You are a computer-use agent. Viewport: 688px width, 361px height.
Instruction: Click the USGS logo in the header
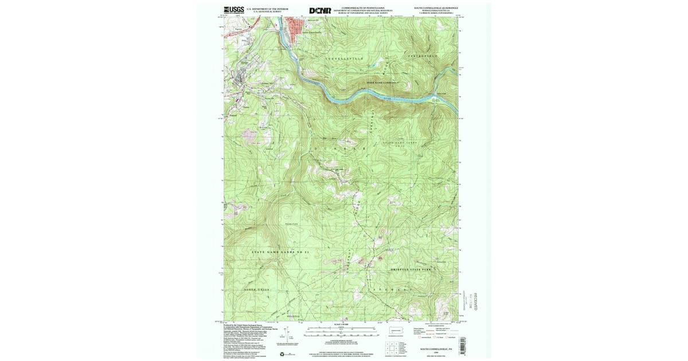pyautogui.click(x=233, y=10)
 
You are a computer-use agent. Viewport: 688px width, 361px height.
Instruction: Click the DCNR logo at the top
pyautogui.click(x=320, y=10)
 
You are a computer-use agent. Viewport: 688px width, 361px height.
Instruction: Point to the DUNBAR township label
pyautogui.click(x=339, y=148)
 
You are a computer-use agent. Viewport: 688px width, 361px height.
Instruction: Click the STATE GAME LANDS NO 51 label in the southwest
pyautogui.click(x=280, y=252)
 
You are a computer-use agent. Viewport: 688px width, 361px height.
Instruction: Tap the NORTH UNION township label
pyautogui.click(x=257, y=290)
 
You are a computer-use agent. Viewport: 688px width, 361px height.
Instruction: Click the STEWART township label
pyautogui.click(x=396, y=291)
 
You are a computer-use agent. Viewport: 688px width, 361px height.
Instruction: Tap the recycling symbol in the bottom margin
pyautogui.click(x=282, y=354)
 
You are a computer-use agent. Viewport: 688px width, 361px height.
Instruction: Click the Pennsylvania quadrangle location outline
pyautogui.click(x=396, y=331)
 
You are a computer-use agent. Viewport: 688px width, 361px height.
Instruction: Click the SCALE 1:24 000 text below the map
pyautogui.click(x=341, y=324)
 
